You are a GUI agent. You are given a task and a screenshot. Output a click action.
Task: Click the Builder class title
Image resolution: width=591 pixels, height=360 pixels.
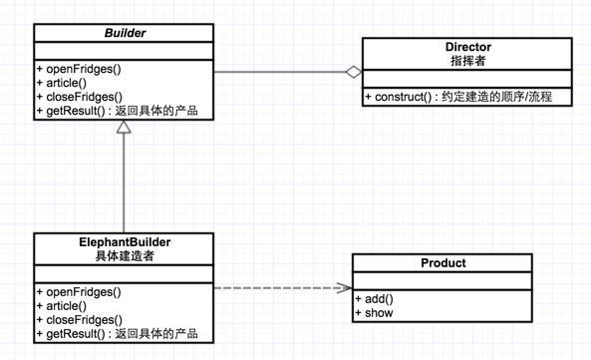tap(125, 34)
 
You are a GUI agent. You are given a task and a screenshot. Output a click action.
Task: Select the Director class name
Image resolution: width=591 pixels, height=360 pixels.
tap(467, 47)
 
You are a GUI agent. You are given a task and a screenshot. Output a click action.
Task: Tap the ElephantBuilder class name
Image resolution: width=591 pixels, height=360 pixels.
tap(125, 241)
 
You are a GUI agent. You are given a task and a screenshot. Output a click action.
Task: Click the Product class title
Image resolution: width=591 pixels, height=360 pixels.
tap(443, 263)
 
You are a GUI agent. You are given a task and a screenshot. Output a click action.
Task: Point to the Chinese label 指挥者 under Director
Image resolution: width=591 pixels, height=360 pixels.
tap(467, 61)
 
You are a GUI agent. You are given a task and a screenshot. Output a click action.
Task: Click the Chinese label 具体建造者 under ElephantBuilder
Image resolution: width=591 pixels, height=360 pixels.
tap(125, 255)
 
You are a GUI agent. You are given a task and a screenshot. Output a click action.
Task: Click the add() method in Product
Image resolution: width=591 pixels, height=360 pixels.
tap(376, 298)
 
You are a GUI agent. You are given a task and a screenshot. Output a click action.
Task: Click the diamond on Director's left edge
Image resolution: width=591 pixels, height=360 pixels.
tap(352, 73)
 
